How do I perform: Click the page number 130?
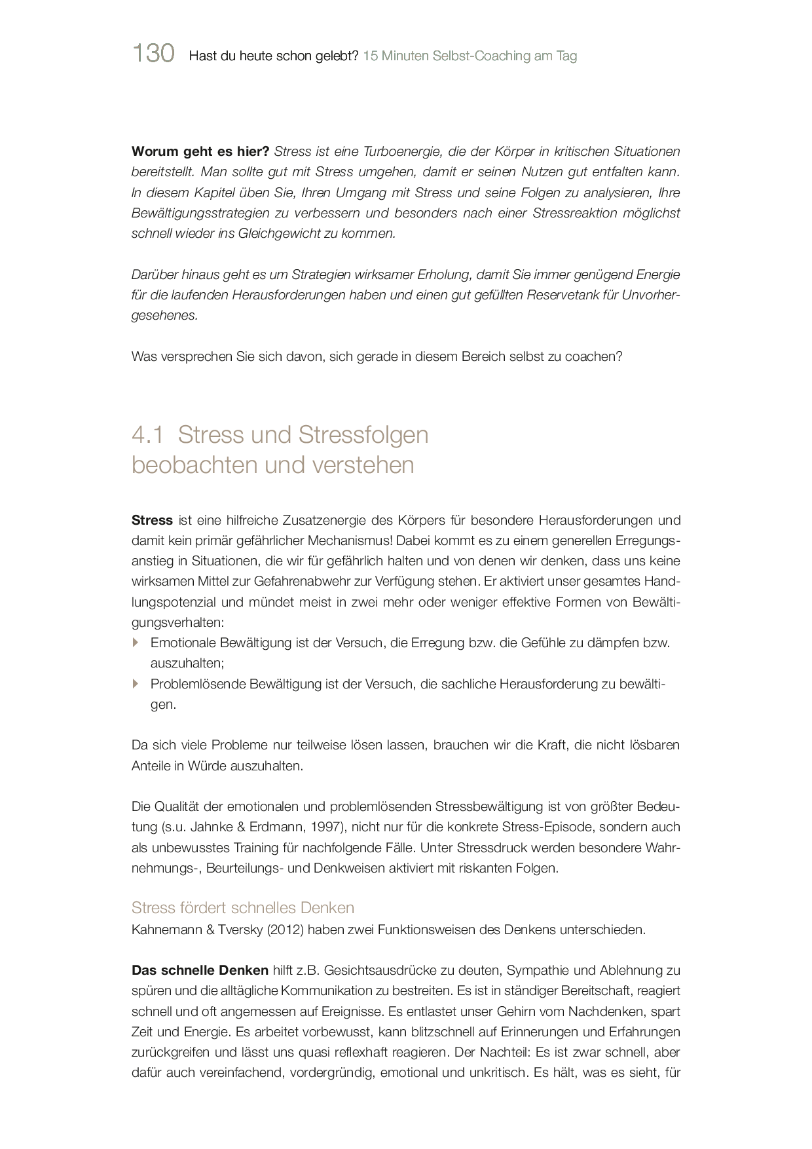point(153,54)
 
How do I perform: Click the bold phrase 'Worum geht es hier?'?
point(200,152)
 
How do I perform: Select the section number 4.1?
point(147,435)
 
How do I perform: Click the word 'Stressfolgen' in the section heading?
point(363,435)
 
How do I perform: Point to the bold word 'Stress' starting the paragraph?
point(152,521)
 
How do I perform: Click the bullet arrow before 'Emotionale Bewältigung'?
point(136,643)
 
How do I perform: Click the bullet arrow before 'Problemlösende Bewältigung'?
point(136,684)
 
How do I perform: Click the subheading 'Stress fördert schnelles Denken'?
point(243,908)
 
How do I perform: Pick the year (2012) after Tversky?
point(285,930)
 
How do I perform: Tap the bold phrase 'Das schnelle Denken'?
point(200,971)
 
